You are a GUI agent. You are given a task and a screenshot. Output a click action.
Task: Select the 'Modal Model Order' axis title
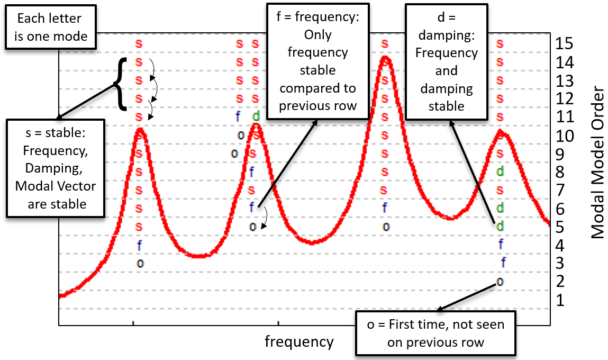pos(597,161)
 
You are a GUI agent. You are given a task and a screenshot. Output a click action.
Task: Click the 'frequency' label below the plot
pos(299,341)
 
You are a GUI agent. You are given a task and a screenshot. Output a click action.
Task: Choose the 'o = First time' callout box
pos(435,334)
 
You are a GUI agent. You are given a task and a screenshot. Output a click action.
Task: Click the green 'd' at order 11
pos(256,116)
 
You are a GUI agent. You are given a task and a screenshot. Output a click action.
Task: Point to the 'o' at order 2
pos(500,281)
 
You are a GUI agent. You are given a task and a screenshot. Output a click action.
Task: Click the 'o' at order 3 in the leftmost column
pos(140,263)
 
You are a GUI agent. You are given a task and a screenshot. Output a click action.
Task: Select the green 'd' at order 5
pos(500,227)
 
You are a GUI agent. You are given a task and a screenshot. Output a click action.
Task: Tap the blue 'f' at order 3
pos(504,262)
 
